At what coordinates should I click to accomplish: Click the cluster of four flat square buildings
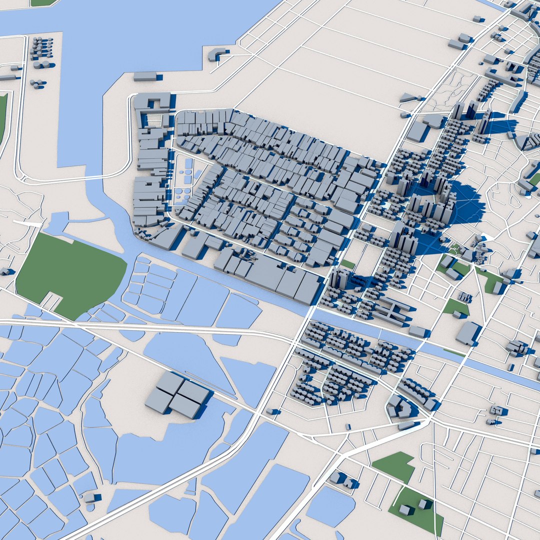178,395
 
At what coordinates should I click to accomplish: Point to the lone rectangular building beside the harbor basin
145,76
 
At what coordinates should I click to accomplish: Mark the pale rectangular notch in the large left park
51,300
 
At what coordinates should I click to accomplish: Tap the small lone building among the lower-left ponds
90,497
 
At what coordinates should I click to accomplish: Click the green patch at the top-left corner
42,2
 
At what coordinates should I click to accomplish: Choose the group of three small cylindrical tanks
36,83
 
